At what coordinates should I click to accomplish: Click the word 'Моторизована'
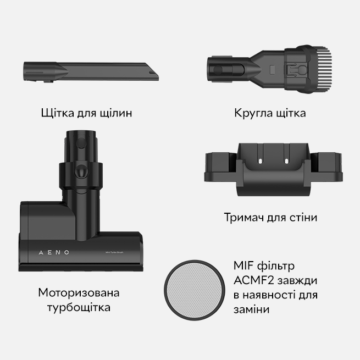tap(79, 292)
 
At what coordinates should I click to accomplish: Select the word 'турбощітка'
tap(79, 307)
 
